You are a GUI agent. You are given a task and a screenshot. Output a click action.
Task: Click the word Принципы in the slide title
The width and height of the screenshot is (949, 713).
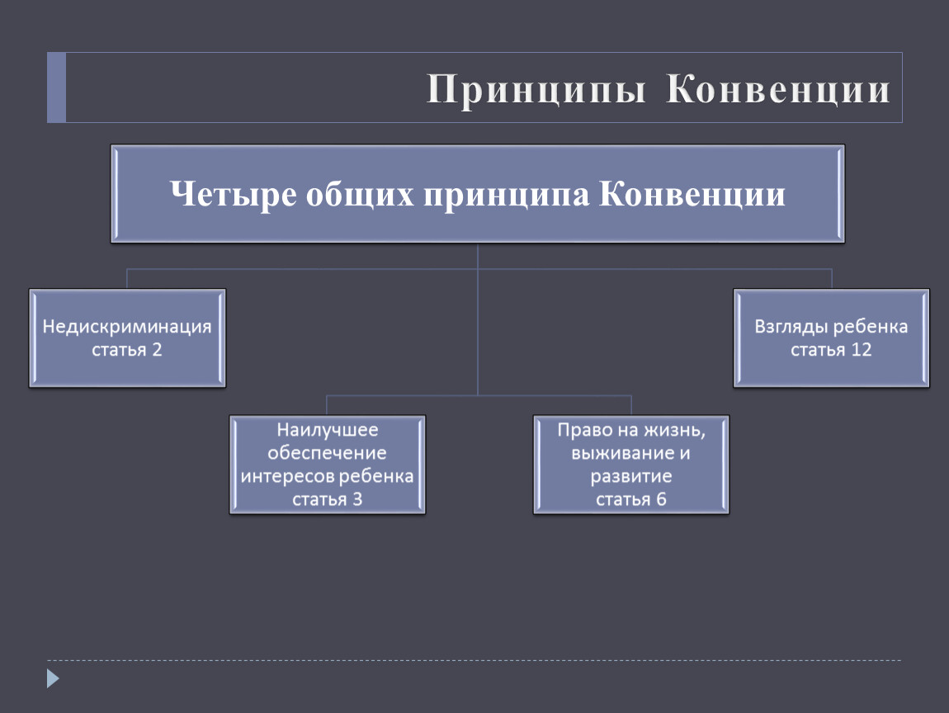coord(537,90)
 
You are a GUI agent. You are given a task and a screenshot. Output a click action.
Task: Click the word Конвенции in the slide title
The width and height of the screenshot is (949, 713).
coord(778,88)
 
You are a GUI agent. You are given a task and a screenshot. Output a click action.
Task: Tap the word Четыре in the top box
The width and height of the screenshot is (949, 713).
coord(234,194)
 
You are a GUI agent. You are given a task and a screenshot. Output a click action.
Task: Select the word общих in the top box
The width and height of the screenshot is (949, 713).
coord(360,195)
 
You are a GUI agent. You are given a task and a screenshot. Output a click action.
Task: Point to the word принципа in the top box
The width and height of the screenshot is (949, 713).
coord(506,195)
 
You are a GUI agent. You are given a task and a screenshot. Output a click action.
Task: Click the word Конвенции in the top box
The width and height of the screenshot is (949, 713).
coord(692,194)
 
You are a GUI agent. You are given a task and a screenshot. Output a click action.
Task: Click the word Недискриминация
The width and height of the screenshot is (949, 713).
coord(127,327)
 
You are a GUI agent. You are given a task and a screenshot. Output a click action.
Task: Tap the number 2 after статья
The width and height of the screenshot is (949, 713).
coord(157,349)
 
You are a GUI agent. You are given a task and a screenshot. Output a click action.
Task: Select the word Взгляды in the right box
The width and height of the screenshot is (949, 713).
coord(791,327)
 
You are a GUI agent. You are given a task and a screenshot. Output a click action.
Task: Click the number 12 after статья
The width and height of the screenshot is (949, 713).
coord(862,349)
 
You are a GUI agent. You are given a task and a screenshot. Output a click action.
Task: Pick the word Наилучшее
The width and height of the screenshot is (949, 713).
coord(328,430)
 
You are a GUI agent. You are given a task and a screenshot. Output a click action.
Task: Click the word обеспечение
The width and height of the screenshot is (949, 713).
coord(327,453)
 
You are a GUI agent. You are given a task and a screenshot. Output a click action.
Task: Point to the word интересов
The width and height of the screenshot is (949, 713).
coord(287,476)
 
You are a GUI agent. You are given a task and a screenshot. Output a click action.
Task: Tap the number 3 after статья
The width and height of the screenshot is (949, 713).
coord(357,499)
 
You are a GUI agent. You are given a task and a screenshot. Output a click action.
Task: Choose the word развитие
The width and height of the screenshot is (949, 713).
coord(631,476)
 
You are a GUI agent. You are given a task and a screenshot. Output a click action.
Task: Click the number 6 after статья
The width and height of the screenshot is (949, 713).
coord(661,499)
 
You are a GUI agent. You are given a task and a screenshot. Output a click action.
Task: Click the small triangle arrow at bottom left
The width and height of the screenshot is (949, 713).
coord(54,678)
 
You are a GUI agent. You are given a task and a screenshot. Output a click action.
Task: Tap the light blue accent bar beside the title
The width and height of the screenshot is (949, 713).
coord(56,87)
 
